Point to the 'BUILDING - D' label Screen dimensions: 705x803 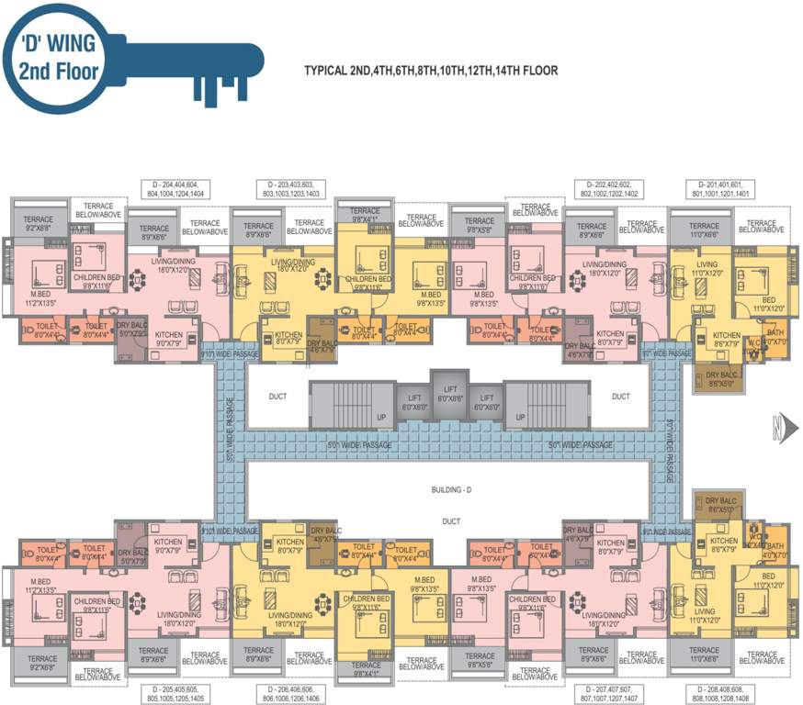point(450,491)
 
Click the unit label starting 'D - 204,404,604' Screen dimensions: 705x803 point(174,189)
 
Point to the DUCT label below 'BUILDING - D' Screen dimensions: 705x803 point(450,520)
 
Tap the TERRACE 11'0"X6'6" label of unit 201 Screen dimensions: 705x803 point(705,230)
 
